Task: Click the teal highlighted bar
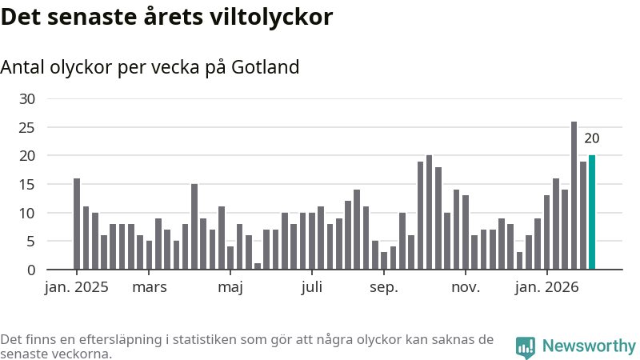pyautogui.click(x=592, y=212)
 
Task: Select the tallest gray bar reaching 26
pyautogui.click(x=574, y=195)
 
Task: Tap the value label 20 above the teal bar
pyautogui.click(x=592, y=138)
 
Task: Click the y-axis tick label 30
pyautogui.click(x=28, y=98)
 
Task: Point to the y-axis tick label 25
pyautogui.click(x=28, y=127)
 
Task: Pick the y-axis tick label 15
pyautogui.click(x=28, y=184)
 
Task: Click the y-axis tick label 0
pyautogui.click(x=32, y=270)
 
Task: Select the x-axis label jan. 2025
pyautogui.click(x=76, y=288)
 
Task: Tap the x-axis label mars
pyautogui.click(x=150, y=288)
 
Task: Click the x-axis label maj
pyautogui.click(x=230, y=288)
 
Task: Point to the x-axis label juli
pyautogui.click(x=312, y=288)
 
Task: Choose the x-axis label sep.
pyautogui.click(x=384, y=288)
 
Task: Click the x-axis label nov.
pyautogui.click(x=466, y=288)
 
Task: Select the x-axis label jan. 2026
pyautogui.click(x=547, y=288)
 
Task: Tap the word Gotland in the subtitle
pyautogui.click(x=266, y=67)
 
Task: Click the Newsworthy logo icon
pyautogui.click(x=526, y=346)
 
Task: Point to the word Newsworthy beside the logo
pyautogui.click(x=589, y=346)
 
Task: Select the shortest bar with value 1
pyautogui.click(x=258, y=266)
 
